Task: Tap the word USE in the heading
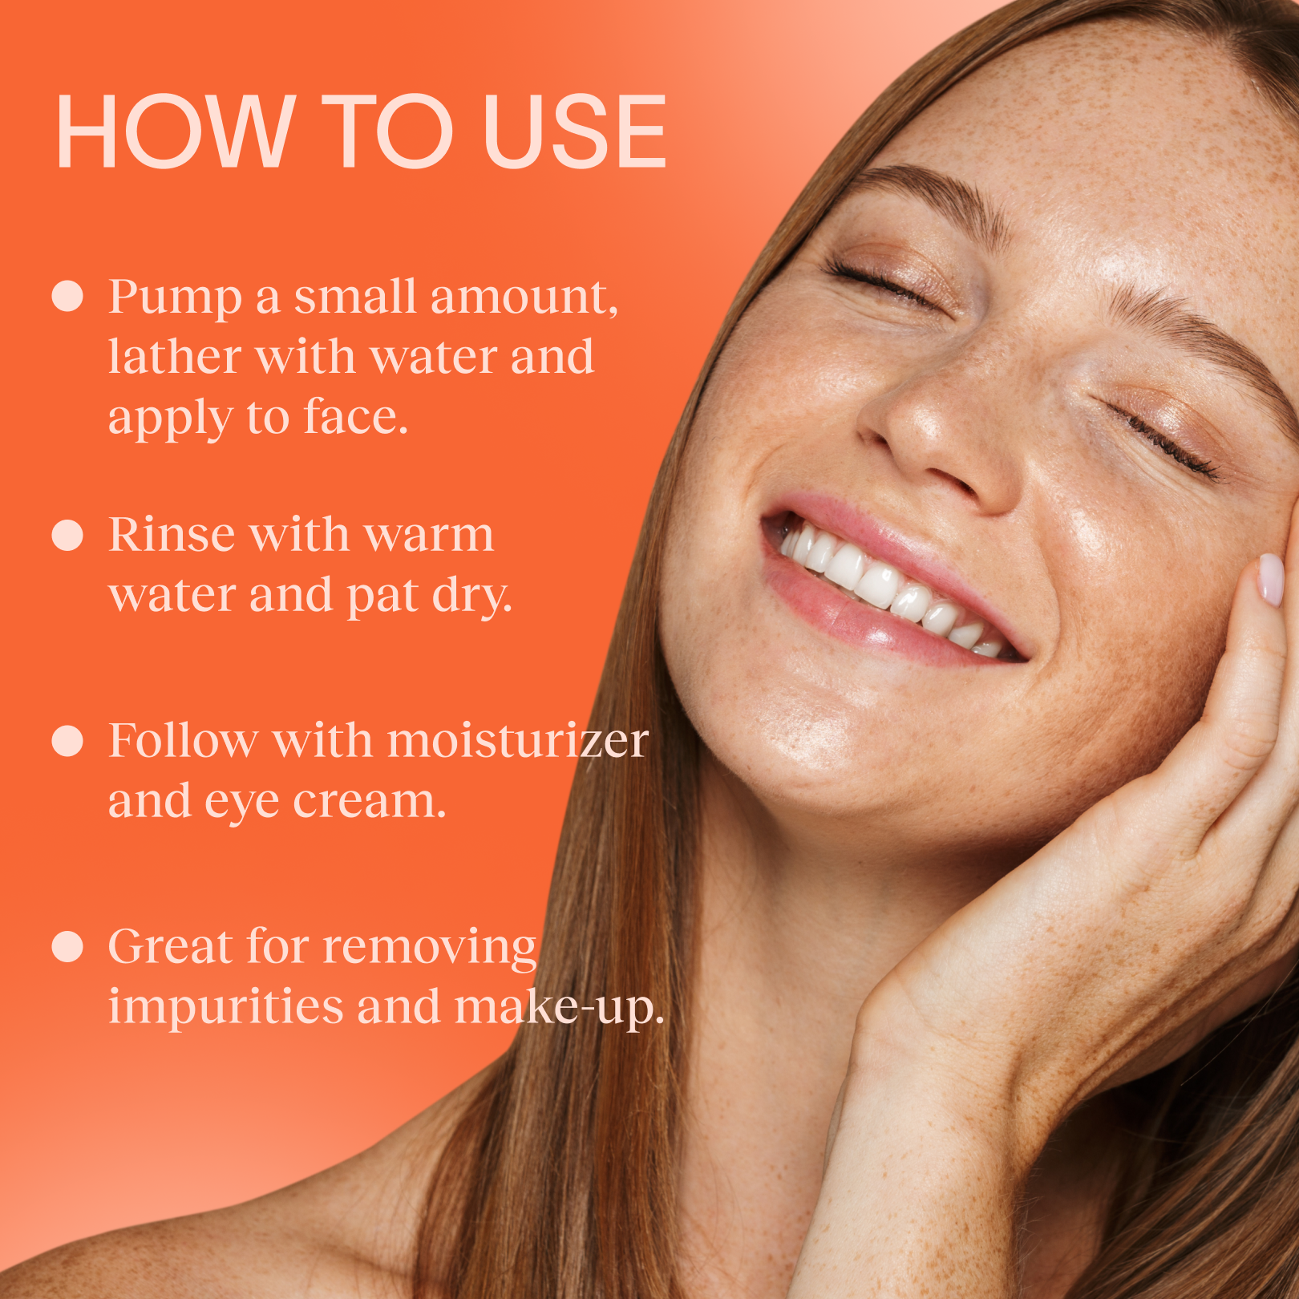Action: pyautogui.click(x=575, y=132)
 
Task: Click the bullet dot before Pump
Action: pyautogui.click(x=67, y=296)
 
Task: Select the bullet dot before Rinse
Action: pyautogui.click(x=67, y=535)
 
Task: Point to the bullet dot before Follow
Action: pyautogui.click(x=67, y=741)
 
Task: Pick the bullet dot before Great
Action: pyautogui.click(x=67, y=946)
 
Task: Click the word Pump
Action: pyautogui.click(x=175, y=298)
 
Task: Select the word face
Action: pyautogui.click(x=356, y=418)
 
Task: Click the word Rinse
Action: pyautogui.click(x=172, y=534)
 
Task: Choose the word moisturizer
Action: pyautogui.click(x=518, y=740)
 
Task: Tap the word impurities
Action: pyautogui.click(x=226, y=1008)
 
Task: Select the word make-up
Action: pyautogui.click(x=560, y=1008)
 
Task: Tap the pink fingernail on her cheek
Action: pyautogui.click(x=1270, y=579)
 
